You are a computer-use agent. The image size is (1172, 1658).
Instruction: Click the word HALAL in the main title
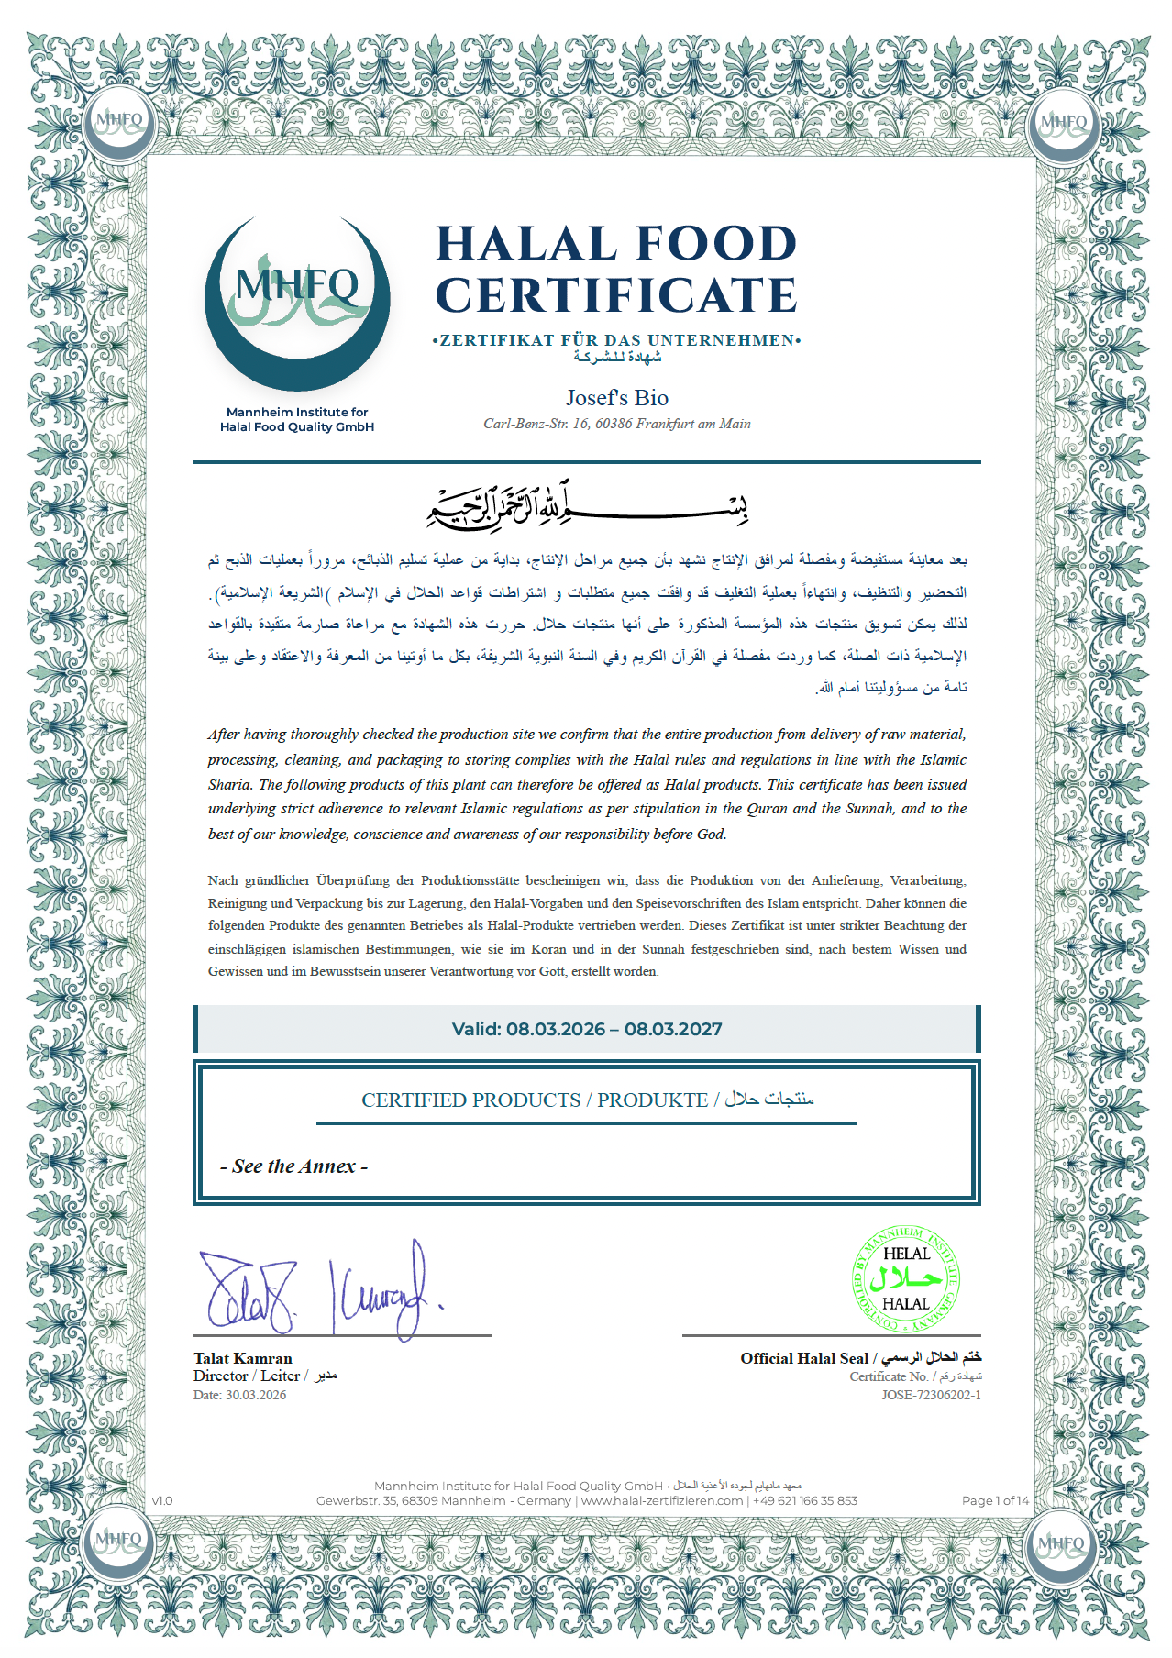pos(526,244)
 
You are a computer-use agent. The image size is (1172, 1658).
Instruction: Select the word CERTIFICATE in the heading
pos(615,295)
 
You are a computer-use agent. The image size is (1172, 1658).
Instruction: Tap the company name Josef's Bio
pos(616,398)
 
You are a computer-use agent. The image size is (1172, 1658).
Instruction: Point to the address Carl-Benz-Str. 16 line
pos(616,424)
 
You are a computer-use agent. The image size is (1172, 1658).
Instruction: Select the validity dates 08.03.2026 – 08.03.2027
pos(587,1029)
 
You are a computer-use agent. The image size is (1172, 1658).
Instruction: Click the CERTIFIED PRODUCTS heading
pos(470,1100)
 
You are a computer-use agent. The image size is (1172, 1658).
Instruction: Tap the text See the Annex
pos(293,1166)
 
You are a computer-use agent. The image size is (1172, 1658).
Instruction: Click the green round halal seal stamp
pos(905,1278)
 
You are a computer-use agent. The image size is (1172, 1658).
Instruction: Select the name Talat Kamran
pos(243,1358)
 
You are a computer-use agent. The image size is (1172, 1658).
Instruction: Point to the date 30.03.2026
pos(256,1395)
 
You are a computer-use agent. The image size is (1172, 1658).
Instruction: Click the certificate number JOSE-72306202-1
pos(931,1395)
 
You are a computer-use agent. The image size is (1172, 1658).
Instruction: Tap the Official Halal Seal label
pos(804,1358)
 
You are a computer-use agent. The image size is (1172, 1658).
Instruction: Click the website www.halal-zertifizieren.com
pos(661,1500)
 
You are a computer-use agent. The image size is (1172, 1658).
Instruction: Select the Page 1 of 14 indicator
pos(995,1500)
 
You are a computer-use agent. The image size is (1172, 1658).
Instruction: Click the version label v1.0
pos(162,1500)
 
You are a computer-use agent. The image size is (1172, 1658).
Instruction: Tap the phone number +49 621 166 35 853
pos(804,1500)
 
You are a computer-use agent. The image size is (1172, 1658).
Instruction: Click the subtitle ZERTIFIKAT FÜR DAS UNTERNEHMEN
pos(616,340)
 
